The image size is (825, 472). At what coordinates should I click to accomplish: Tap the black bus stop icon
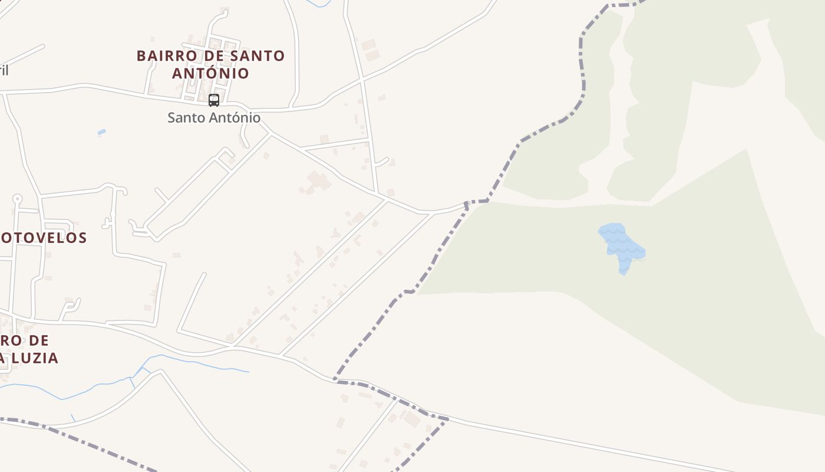pos(214,100)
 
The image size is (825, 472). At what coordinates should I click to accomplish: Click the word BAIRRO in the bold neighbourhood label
pos(161,56)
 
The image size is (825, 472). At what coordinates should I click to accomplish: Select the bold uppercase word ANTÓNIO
pos(210,73)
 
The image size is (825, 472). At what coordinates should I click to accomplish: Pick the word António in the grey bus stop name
pos(235,117)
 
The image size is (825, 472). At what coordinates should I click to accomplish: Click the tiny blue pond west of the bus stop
pos(101,132)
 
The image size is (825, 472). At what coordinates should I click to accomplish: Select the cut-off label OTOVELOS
pos(44,238)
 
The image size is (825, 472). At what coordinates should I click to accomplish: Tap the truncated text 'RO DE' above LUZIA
pos(25,340)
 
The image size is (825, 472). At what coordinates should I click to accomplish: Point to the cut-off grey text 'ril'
pos(4,71)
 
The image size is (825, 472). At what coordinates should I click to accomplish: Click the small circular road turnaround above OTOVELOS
pos(17,199)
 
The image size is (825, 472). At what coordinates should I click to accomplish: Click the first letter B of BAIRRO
pos(141,56)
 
